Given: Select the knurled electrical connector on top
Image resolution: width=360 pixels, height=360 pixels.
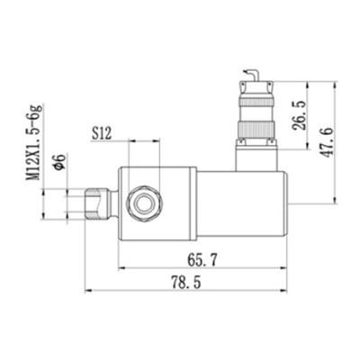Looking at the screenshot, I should pos(255,112).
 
